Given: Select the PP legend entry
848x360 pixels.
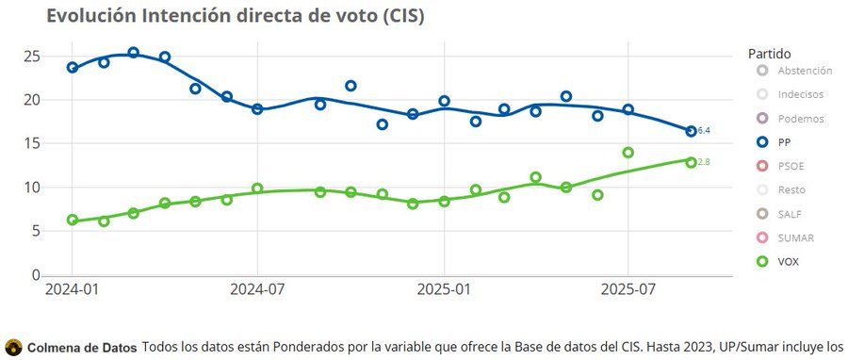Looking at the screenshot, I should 784,143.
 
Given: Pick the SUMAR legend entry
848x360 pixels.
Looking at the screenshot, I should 795,238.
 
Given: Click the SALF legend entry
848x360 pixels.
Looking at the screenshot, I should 791,214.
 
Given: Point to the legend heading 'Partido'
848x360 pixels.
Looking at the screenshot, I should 770,53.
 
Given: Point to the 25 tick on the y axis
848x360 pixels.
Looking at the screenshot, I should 31,57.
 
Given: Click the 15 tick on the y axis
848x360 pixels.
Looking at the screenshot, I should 31,144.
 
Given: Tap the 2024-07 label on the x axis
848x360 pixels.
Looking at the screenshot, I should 257,288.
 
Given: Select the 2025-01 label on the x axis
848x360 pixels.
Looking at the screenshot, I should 444,288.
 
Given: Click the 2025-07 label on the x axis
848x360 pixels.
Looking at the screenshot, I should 628,288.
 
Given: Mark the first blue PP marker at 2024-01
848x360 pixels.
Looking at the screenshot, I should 73,68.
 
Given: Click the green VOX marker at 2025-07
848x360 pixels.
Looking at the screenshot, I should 628,153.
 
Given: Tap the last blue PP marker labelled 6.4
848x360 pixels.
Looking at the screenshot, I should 691,131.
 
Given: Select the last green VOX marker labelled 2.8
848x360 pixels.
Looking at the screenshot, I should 691,162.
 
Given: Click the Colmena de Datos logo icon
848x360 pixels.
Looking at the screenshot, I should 13,347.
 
